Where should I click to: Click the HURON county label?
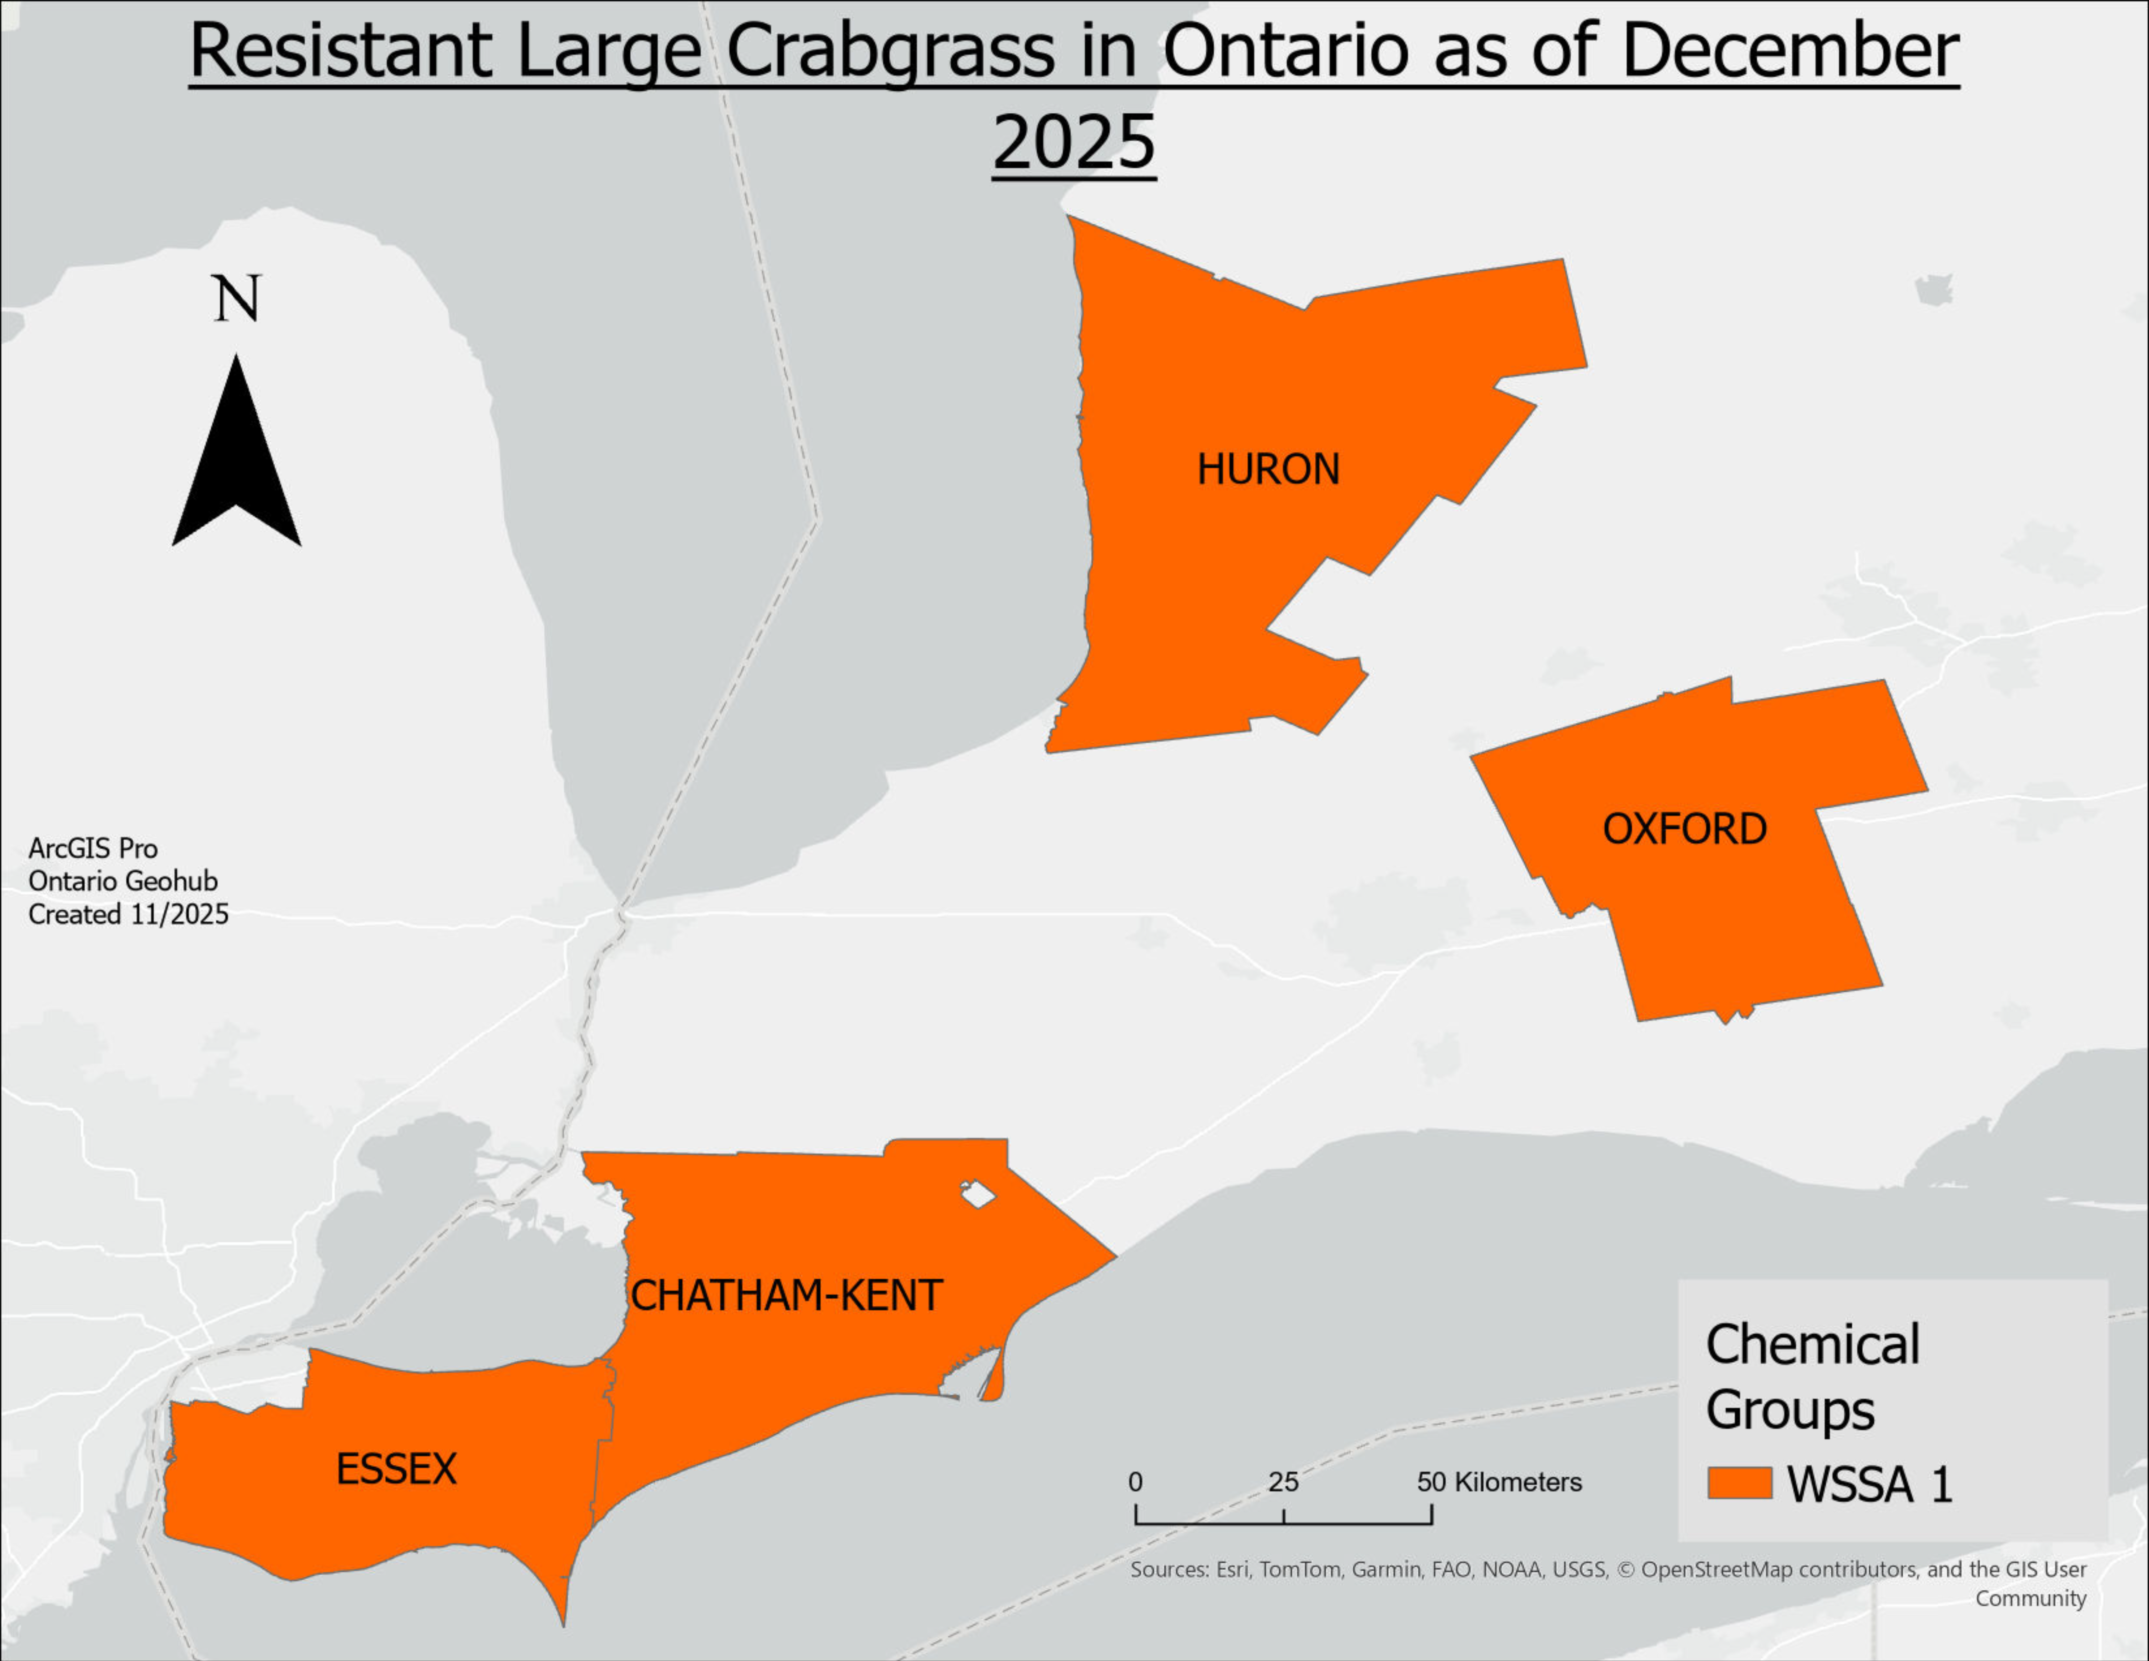click(1268, 469)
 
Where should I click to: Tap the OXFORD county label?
click(1685, 830)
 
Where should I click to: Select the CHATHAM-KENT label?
click(786, 1296)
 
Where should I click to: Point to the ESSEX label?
click(397, 1469)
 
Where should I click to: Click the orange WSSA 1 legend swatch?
click(1739, 1483)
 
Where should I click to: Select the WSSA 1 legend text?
click(1870, 1484)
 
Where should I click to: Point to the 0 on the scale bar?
click(1135, 1482)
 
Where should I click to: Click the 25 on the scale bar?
click(1283, 1482)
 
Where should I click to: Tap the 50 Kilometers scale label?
click(1498, 1482)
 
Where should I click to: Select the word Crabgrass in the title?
click(890, 51)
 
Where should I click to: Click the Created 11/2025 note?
click(128, 914)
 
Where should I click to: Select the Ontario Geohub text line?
click(123, 881)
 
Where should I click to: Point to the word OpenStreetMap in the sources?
click(1716, 1569)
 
